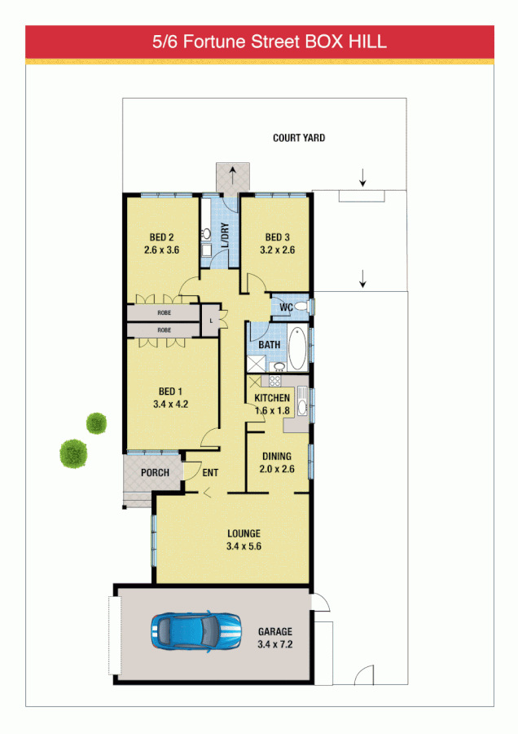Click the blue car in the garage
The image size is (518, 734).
(196, 631)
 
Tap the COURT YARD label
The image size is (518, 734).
(299, 138)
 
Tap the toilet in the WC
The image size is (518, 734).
(301, 306)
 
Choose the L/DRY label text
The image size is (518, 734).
(224, 232)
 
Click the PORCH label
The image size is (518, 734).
(155, 473)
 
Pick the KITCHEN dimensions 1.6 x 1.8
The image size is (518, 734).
(272, 410)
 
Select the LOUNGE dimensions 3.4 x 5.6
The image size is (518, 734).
(244, 546)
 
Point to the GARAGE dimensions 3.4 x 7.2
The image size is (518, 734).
(274, 644)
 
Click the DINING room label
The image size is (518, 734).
(277, 456)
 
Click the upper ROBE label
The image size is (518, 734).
(164, 313)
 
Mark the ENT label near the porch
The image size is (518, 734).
(210, 473)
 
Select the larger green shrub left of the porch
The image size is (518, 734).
(73, 453)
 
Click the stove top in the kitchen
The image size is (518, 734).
(275, 380)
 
